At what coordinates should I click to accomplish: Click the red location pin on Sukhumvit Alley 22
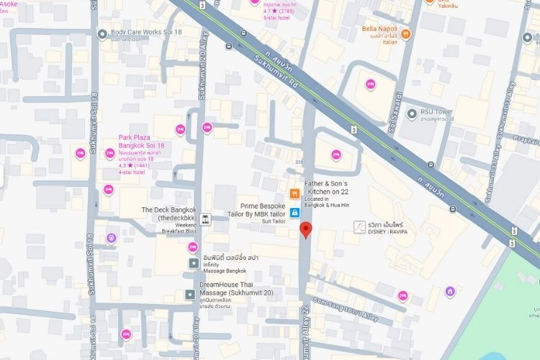pos(305,230)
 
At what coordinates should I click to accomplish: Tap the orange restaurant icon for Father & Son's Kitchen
pos(294,194)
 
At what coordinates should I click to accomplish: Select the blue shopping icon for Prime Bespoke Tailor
pos(294,213)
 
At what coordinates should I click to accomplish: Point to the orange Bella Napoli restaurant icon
pos(405,34)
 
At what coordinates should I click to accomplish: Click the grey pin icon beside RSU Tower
pos(411,113)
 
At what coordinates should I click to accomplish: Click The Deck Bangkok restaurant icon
pos(206,220)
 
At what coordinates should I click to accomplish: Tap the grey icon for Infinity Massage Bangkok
pos(193,264)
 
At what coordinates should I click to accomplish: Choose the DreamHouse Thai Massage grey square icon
pos(189,294)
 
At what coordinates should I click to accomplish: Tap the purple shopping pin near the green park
pos(450,292)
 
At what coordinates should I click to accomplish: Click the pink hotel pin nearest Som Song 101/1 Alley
pos(402,296)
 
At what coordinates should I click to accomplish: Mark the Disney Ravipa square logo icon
pos(359,227)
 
